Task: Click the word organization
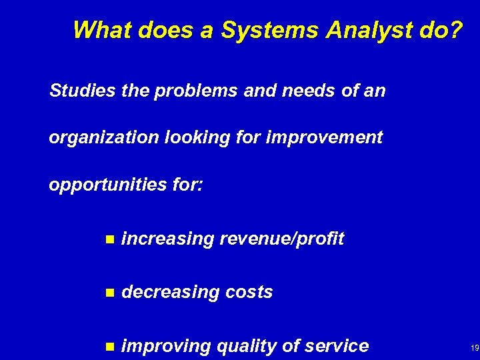click(103, 138)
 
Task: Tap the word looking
click(196, 138)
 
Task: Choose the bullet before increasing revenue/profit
click(111, 239)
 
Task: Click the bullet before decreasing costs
click(111, 293)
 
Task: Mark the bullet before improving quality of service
click(111, 347)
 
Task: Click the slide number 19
click(475, 348)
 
